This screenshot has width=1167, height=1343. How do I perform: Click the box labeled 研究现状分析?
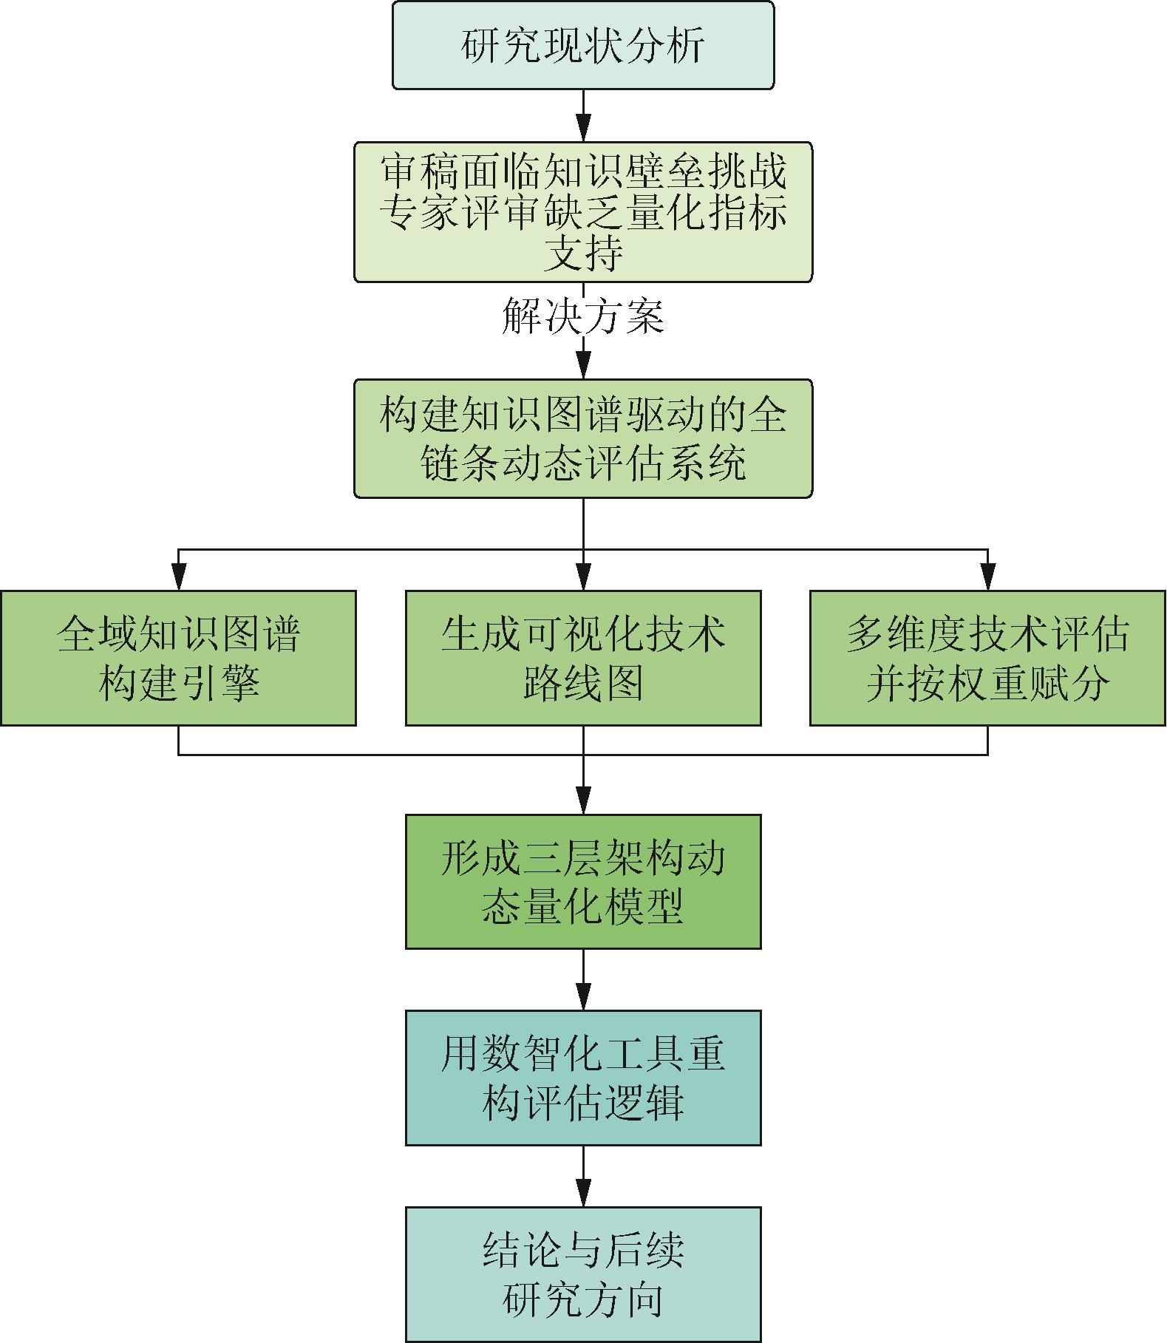click(x=583, y=45)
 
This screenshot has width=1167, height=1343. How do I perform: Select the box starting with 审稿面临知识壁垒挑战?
click(x=583, y=212)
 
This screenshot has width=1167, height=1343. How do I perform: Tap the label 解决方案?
click(x=583, y=316)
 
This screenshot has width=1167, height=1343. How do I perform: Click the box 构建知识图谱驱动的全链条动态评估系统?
click(x=583, y=438)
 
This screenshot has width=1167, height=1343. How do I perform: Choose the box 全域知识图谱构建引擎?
click(x=178, y=658)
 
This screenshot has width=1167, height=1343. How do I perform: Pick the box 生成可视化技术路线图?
click(x=583, y=658)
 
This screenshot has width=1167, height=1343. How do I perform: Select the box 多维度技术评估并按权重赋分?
click(x=987, y=658)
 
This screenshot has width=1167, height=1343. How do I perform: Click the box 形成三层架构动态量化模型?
click(x=583, y=881)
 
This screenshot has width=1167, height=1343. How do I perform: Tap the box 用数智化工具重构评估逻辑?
click(x=583, y=1078)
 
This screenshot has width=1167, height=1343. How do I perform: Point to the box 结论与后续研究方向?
click(x=583, y=1274)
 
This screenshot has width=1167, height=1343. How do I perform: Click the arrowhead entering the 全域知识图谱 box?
click(x=178, y=577)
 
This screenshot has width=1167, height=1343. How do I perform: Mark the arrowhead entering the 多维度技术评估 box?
click(x=987, y=577)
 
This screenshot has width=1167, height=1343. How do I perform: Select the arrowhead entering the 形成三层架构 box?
click(x=583, y=801)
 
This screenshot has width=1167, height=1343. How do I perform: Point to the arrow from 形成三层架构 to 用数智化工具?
click(x=583, y=980)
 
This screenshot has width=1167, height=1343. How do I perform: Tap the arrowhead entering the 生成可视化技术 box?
click(x=583, y=577)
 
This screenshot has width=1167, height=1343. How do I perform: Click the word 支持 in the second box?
click(x=583, y=256)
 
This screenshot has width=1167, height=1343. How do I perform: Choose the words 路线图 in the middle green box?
click(x=583, y=683)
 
